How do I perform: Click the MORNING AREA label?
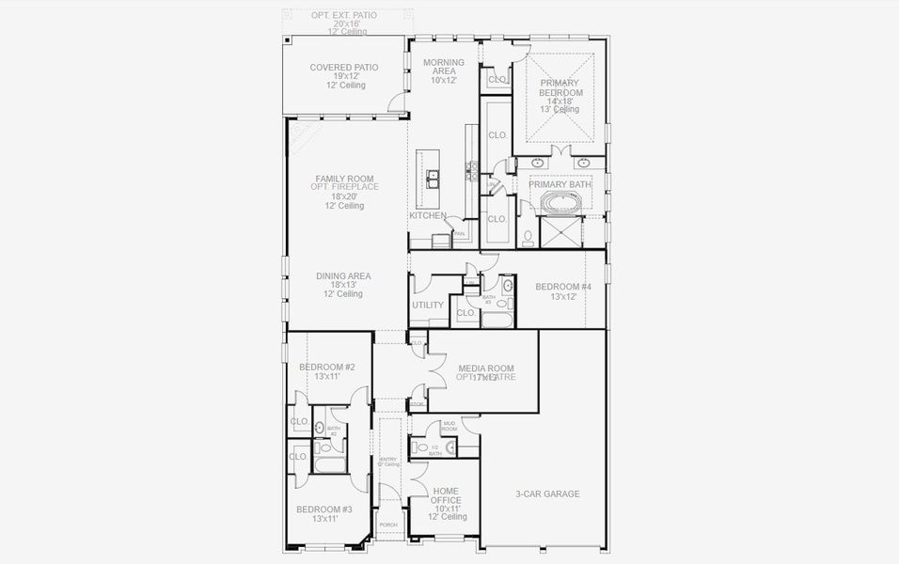click(443, 68)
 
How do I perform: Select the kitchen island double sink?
click(433, 179)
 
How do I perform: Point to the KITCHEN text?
click(427, 215)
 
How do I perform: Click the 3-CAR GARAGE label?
click(547, 493)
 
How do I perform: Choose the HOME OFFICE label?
click(447, 495)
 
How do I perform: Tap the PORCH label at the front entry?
click(387, 525)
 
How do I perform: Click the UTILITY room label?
click(428, 305)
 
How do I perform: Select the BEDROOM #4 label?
click(563, 287)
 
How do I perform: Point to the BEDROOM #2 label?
click(326, 367)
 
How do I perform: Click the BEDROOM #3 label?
click(323, 509)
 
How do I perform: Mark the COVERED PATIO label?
click(344, 68)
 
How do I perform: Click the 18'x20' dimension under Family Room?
click(344, 196)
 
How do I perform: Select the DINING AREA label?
click(343, 276)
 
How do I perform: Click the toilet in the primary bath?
click(528, 237)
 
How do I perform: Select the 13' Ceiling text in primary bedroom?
click(560, 110)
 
